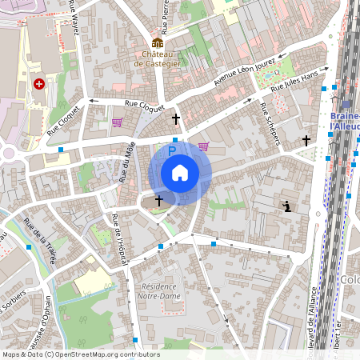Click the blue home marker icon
pyautogui.click(x=180, y=173)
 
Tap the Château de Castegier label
pyautogui.click(x=158, y=58)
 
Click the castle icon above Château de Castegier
pyautogui.click(x=158, y=42)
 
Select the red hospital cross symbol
pyautogui.click(x=38, y=83)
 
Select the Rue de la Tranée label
pyautogui.click(x=40, y=241)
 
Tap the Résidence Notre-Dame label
pyautogui.click(x=161, y=291)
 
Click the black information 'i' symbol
pyautogui.click(x=287, y=207)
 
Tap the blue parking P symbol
pyautogui.click(x=171, y=150)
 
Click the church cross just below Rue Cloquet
pyautogui.click(x=176, y=119)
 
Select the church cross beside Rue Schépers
pyautogui.click(x=306, y=141)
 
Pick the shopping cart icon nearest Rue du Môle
pyautogui.click(x=118, y=123)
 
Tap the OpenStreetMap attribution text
pyautogui.click(x=80, y=354)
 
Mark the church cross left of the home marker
pyautogui.click(x=158, y=200)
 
